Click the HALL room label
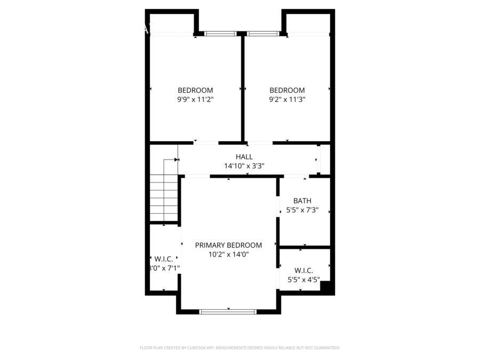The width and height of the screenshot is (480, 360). pos(244,157)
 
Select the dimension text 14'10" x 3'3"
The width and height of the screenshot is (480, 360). pos(244,166)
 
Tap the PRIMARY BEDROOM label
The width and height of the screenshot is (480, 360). pos(228,245)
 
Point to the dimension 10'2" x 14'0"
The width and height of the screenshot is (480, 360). pos(228,254)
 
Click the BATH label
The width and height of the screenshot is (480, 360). pos(302,201)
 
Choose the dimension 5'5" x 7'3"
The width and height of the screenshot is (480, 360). pos(302,210)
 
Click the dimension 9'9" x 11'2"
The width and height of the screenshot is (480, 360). pos(195,99)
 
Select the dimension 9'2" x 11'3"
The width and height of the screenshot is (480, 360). pos(287,99)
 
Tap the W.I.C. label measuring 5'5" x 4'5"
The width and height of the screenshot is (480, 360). pos(303,270)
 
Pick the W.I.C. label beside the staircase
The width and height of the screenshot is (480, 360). pos(164,259)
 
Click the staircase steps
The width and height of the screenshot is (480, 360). pos(163,197)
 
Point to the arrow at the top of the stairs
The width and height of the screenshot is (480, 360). pos(175,159)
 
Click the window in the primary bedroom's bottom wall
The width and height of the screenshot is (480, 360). pos(228,311)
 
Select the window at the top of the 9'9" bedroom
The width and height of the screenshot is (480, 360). pos(220,34)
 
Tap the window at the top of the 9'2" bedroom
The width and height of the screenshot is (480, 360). pos(262,34)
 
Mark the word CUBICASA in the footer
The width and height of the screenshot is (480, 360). pos(197,348)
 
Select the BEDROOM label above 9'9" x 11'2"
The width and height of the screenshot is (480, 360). pos(195,90)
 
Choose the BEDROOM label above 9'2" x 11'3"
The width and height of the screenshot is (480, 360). pos(287,90)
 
